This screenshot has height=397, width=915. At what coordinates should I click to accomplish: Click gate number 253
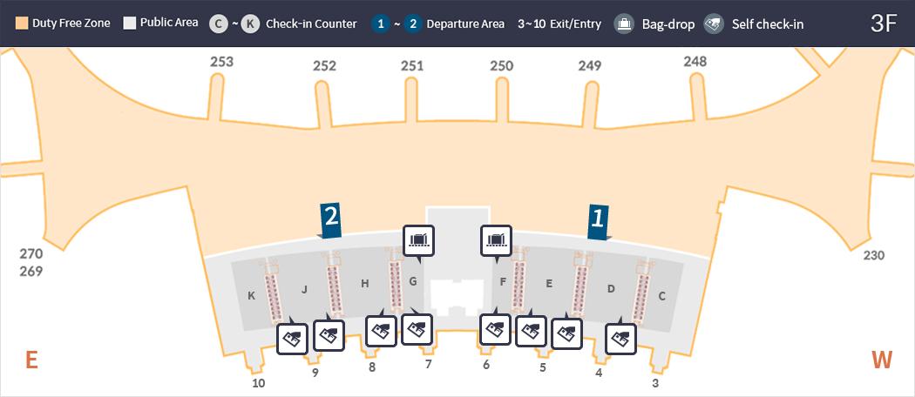[x=222, y=62]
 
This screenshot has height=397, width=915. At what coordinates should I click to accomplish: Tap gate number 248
[x=695, y=61]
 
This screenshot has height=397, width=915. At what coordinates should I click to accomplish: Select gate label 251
[x=412, y=66]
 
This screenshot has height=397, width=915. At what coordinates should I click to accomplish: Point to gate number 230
[x=874, y=255]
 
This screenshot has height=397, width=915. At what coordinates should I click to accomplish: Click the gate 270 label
[x=31, y=254]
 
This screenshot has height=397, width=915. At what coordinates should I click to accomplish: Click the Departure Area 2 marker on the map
[x=330, y=221]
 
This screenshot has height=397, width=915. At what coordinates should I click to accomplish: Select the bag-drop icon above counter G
[x=418, y=239]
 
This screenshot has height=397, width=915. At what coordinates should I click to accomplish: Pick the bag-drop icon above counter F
[x=497, y=239]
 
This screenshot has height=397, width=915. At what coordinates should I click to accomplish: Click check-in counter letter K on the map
[x=251, y=296]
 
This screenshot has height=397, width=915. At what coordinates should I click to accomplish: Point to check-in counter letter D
[x=611, y=288]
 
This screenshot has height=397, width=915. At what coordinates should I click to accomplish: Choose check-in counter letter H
[x=365, y=283]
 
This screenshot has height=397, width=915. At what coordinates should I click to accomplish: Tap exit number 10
[x=258, y=383]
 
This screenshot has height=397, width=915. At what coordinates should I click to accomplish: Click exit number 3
[x=656, y=383]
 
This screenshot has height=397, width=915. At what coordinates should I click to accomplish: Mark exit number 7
[x=428, y=365]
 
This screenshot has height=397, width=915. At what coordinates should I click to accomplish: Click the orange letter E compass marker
[x=31, y=360]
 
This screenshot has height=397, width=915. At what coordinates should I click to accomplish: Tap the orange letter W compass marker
[x=883, y=360]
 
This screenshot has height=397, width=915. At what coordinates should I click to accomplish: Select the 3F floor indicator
[x=884, y=24]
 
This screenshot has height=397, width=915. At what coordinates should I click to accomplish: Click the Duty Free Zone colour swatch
[x=23, y=24]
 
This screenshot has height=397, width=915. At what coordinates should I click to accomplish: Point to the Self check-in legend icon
[x=715, y=24]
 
